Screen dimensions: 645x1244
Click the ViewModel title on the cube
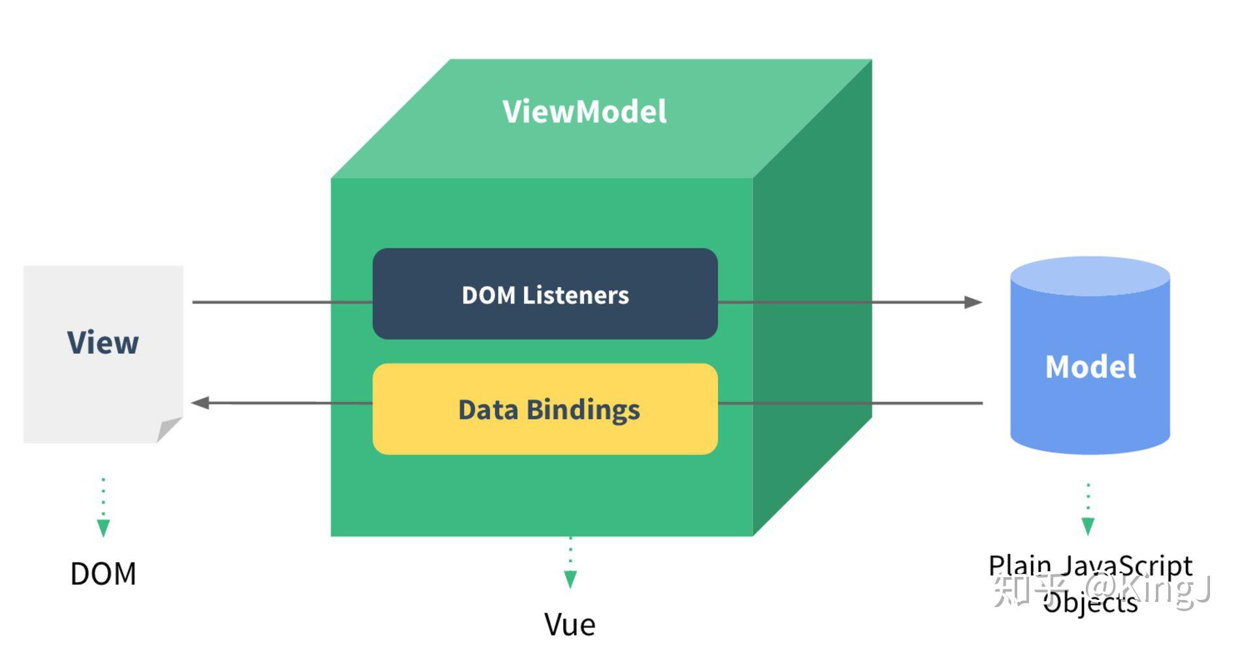(x=584, y=112)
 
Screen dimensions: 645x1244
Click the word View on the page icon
(x=103, y=343)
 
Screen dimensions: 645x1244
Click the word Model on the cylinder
(x=1090, y=366)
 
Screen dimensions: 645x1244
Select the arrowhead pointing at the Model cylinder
(x=974, y=302)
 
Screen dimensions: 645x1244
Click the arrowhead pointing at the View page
(x=200, y=403)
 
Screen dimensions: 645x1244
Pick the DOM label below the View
(x=103, y=574)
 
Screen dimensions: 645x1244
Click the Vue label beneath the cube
(x=570, y=625)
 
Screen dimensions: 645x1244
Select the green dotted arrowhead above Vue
(x=570, y=578)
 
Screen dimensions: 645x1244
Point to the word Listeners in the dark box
(x=576, y=295)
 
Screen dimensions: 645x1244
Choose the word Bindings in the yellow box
(x=583, y=410)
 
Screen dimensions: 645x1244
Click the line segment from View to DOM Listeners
(x=281, y=302)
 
